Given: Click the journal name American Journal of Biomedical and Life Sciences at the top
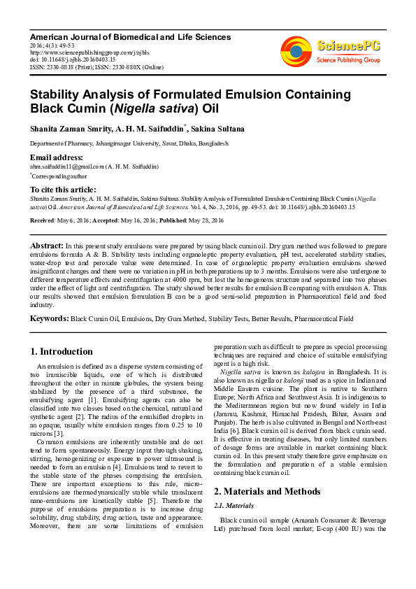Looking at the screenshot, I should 130,36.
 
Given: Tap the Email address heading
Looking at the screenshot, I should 56,157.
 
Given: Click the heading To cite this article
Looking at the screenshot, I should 62,190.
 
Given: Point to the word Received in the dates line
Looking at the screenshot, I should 43,220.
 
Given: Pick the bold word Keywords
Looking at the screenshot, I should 48,319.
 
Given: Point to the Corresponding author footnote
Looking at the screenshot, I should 62,176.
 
